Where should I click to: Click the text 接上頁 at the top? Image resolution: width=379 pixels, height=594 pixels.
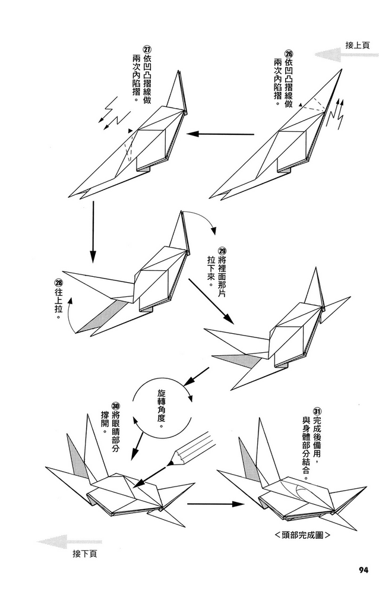click(x=356, y=45)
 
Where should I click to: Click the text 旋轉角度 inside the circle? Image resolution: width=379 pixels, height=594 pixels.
click(x=161, y=410)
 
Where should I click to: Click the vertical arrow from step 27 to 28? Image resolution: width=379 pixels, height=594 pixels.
click(x=92, y=232)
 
